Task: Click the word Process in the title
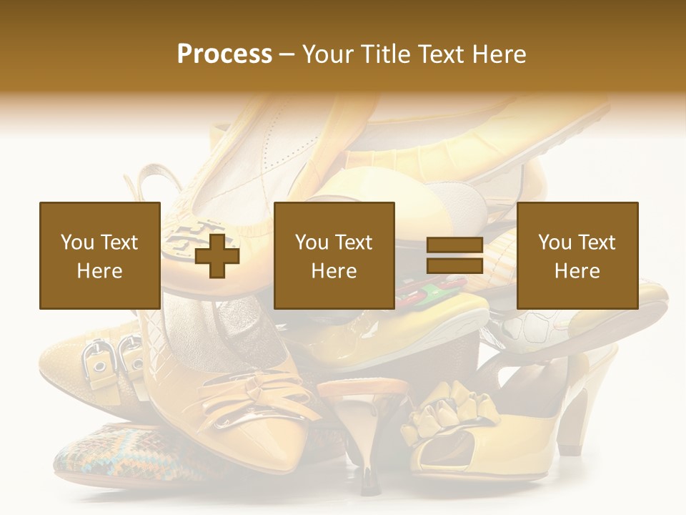(224, 54)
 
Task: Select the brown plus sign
(217, 255)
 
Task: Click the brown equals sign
(454, 255)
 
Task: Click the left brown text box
(99, 255)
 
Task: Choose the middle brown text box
(334, 255)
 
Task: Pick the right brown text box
(577, 255)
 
